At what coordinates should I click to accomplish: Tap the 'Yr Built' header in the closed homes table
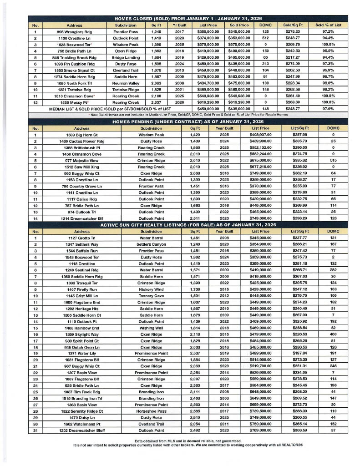click(x=179, y=25)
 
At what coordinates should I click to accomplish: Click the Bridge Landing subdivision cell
click(x=126, y=57)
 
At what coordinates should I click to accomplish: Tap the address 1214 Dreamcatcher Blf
click(x=81, y=218)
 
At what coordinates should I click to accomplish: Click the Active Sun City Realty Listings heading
click(x=188, y=225)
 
